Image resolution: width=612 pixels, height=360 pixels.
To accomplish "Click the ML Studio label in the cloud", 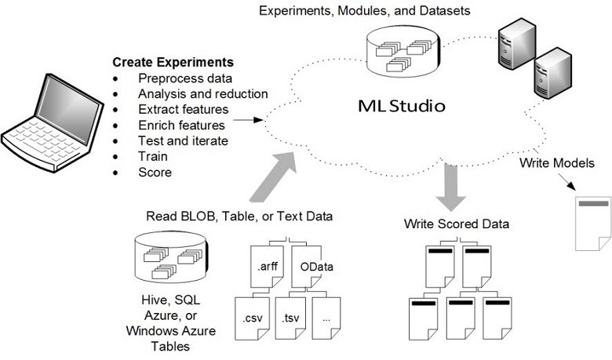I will point(396,104).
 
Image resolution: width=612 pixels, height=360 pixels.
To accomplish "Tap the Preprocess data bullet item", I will point(184,78).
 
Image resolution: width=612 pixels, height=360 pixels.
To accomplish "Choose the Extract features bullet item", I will point(183,109).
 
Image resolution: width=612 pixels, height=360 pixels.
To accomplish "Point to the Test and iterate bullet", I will point(183,140).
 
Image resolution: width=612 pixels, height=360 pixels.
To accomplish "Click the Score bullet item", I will point(155,172).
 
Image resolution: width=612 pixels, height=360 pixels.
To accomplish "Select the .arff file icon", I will point(267,266).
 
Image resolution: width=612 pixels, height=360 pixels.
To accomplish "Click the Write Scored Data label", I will point(457,224).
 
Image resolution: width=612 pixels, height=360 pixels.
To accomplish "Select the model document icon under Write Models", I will point(593,223).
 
